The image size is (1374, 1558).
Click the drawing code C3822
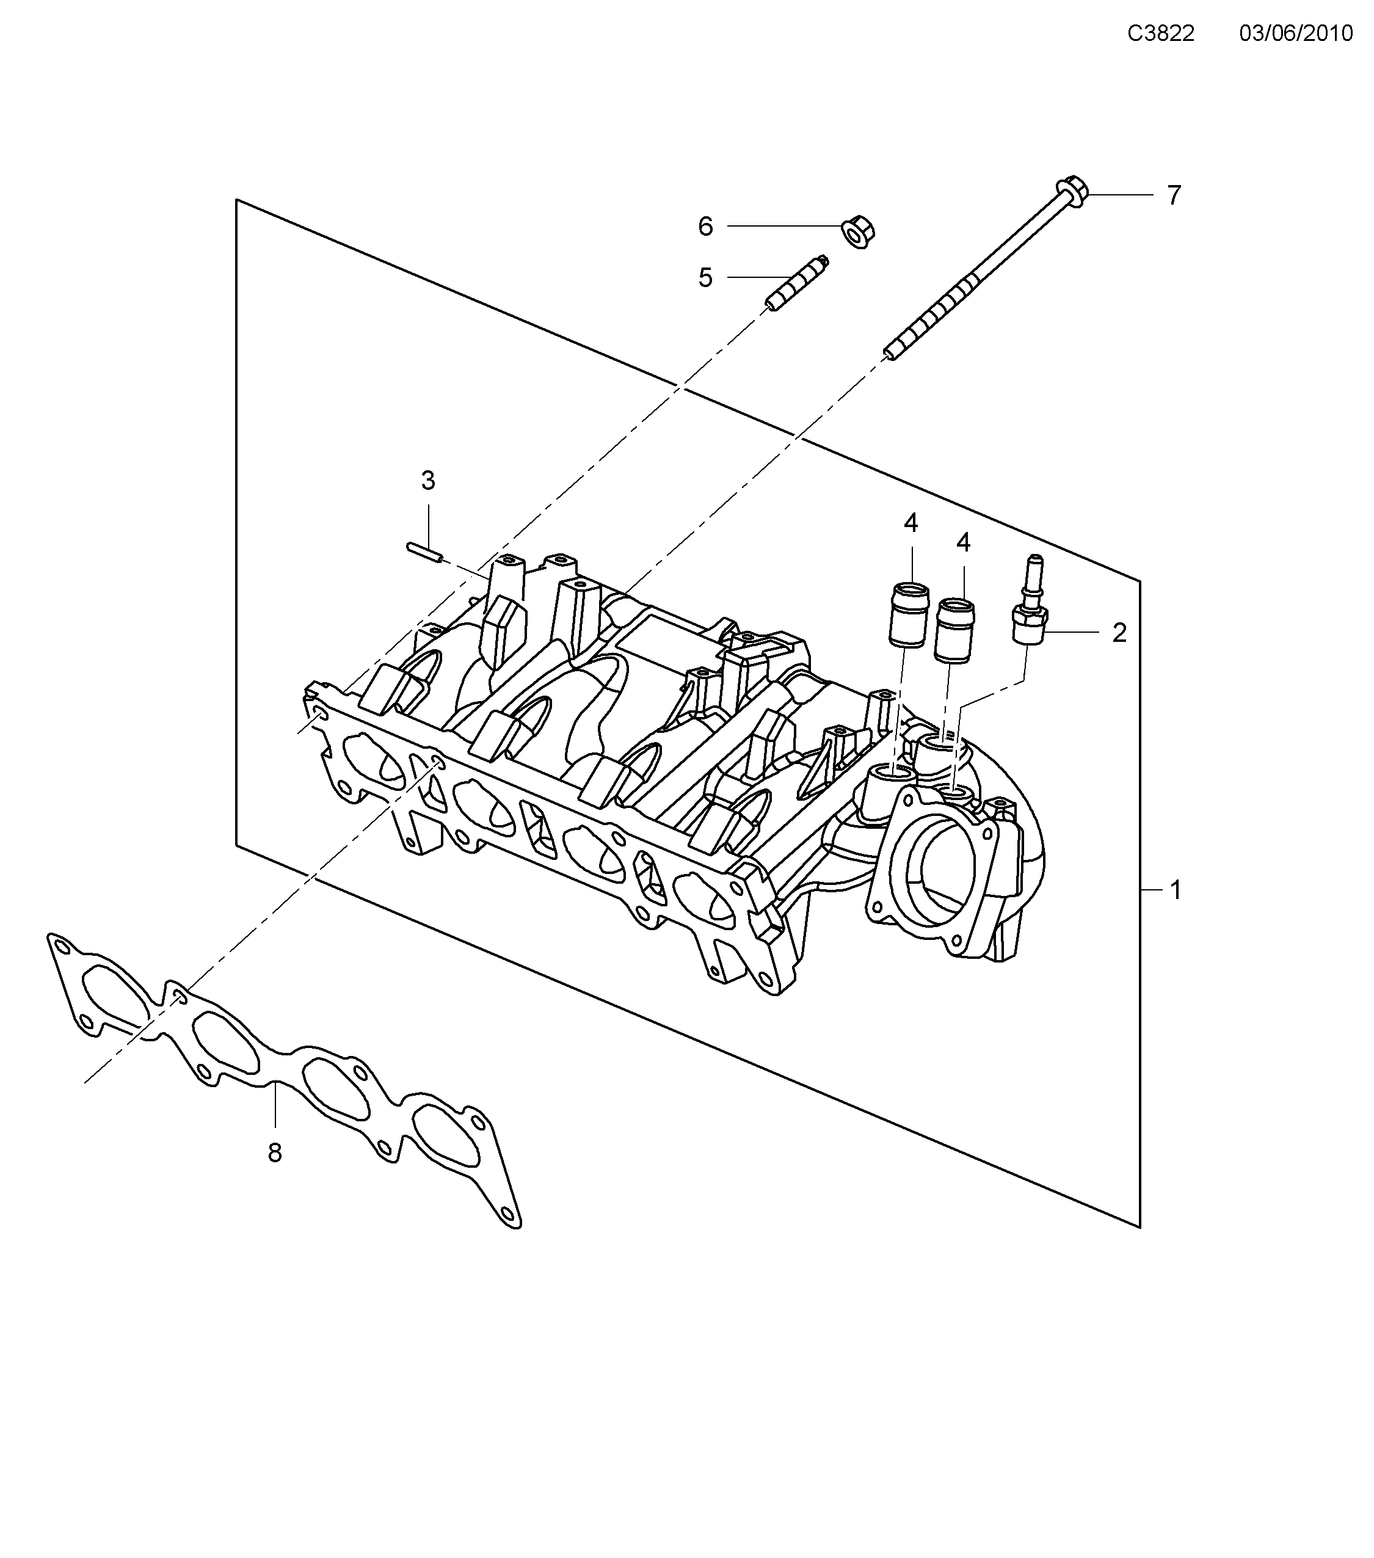pyautogui.click(x=1161, y=34)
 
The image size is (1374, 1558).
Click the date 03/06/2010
pyautogui.click(x=1295, y=34)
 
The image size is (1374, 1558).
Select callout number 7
pyautogui.click(x=1174, y=196)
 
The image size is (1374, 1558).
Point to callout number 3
pyautogui.click(x=428, y=481)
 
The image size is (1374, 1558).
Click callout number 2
pyautogui.click(x=1119, y=633)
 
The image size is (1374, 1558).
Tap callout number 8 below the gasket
pyautogui.click(x=275, y=1153)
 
